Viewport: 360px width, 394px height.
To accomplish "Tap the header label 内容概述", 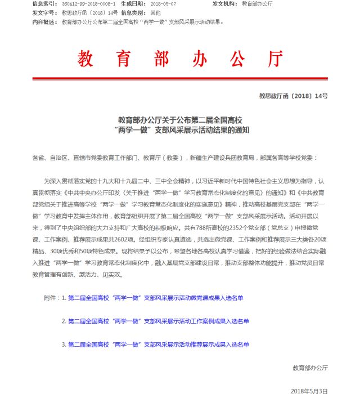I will click(x=45, y=22).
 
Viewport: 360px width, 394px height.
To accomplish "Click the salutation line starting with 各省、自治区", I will click(x=174, y=158).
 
